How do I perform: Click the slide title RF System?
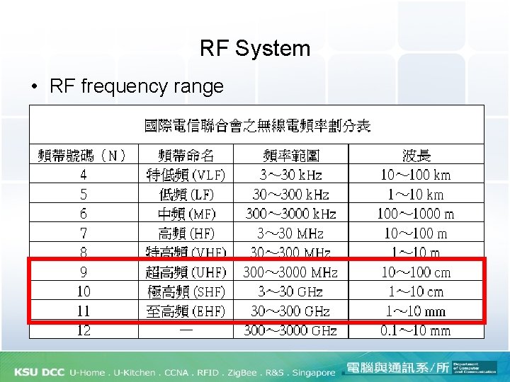pos(255,48)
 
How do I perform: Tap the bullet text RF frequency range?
pos(137,86)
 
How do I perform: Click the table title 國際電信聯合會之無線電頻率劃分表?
pos(257,126)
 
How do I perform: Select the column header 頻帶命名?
pos(186,155)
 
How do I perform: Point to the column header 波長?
pos(416,155)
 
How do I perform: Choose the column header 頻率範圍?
pos(290,155)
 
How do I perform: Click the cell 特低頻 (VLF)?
pos(186,175)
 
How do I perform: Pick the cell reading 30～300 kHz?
pos(290,194)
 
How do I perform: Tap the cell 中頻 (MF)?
pos(186,214)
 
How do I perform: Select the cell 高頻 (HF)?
pos(186,233)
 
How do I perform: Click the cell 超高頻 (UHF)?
pos(186,272)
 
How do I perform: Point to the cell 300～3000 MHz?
pos(290,272)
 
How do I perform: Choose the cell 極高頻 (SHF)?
pos(186,291)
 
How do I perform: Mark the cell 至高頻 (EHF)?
pos(186,311)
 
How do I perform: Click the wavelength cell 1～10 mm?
pos(416,311)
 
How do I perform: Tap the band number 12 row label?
pos(84,330)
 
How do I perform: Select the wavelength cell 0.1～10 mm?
pos(416,330)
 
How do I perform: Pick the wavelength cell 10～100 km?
pos(416,175)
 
